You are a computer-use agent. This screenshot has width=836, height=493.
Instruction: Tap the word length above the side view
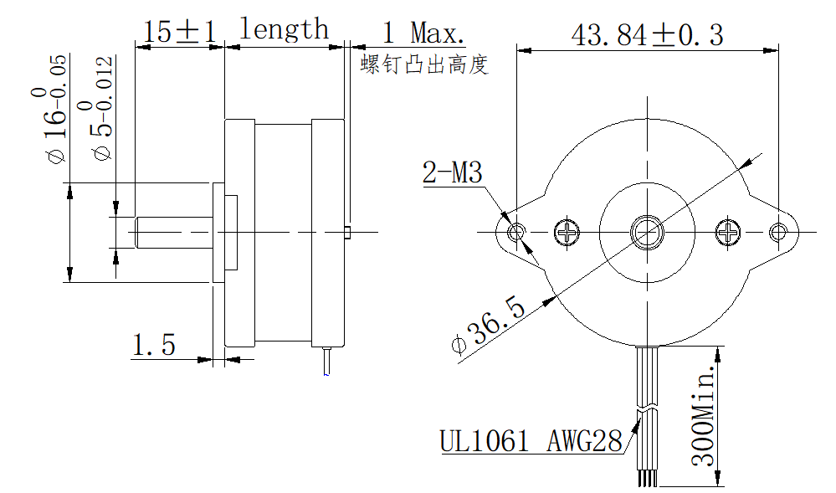(x=284, y=28)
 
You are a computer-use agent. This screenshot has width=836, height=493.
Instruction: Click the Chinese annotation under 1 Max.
(x=424, y=64)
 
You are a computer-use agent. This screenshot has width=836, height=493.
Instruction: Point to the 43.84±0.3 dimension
(x=647, y=35)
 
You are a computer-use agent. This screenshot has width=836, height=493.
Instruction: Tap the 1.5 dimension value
(x=153, y=345)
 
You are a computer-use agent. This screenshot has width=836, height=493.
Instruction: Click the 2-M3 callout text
(x=452, y=172)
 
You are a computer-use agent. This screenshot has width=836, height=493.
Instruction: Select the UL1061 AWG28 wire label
(x=531, y=441)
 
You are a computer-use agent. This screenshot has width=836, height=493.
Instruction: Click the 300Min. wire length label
(x=703, y=415)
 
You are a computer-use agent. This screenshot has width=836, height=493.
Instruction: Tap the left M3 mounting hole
(x=516, y=232)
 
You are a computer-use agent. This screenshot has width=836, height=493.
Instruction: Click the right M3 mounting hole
(x=778, y=232)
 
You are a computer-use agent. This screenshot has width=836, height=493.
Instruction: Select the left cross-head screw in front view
(x=567, y=232)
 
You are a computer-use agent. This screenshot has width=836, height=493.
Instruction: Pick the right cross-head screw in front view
(x=728, y=232)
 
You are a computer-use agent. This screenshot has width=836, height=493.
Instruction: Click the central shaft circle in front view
(x=647, y=233)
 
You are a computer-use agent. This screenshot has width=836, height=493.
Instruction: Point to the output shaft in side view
(x=174, y=232)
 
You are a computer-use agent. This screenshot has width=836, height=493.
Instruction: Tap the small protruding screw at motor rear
(x=347, y=232)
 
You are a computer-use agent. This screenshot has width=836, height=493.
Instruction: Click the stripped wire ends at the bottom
(x=647, y=478)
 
